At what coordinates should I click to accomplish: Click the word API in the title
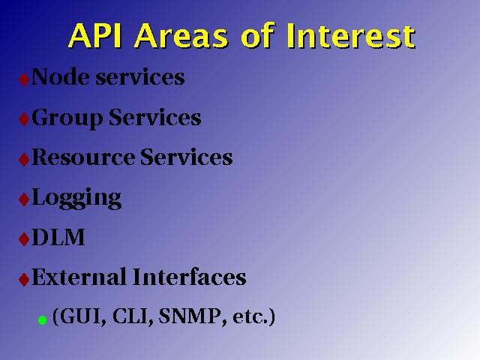(x=95, y=36)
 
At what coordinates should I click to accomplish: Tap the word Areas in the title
(x=181, y=36)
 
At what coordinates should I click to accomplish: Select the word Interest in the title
(x=351, y=36)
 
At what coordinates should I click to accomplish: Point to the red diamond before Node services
(x=24, y=79)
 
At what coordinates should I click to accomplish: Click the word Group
(x=67, y=118)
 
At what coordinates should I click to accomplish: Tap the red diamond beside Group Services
(x=24, y=119)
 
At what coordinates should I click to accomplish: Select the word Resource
(x=83, y=157)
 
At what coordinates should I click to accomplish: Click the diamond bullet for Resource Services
(x=24, y=159)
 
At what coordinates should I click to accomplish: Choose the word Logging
(x=76, y=198)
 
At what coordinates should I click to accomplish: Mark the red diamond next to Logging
(x=24, y=199)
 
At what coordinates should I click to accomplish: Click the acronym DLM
(x=58, y=237)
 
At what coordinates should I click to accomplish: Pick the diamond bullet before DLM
(x=24, y=239)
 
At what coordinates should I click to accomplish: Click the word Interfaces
(x=190, y=277)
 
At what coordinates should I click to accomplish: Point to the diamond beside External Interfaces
(x=24, y=279)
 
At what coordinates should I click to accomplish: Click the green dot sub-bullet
(x=42, y=320)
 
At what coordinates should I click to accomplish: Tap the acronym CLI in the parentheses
(x=132, y=316)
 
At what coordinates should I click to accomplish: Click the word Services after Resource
(x=186, y=157)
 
